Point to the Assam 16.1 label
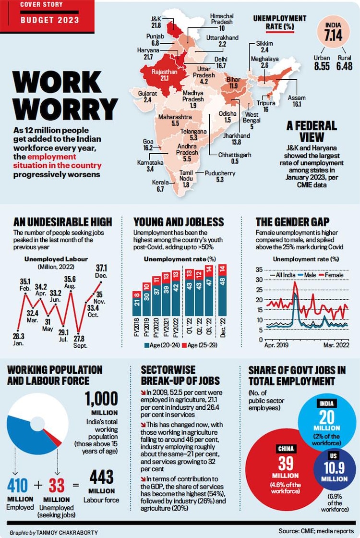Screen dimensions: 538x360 click(x=296, y=101)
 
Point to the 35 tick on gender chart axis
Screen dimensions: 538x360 click(x=259, y=269)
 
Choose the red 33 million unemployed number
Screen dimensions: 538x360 click(x=57, y=486)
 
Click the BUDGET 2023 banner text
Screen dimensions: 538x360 click(x=42, y=20)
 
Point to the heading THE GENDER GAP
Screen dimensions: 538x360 click(x=292, y=222)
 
